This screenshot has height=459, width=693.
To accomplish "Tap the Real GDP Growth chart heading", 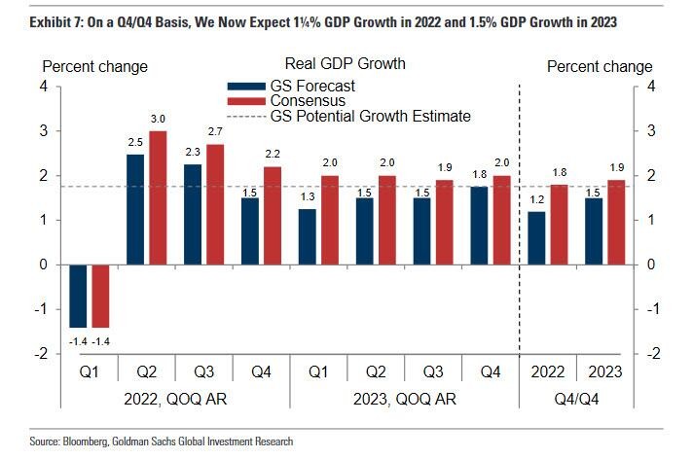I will tap(345, 64).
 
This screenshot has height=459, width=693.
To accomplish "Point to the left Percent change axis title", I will tap(93, 66).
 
